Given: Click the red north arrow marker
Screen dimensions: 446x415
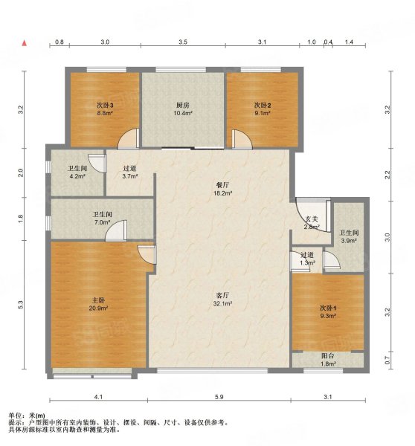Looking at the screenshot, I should click(25, 43).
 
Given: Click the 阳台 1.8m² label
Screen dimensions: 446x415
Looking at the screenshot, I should click(326, 361).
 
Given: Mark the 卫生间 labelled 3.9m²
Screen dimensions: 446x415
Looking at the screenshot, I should click(348, 236).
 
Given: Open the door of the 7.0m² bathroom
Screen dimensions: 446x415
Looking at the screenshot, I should click(115, 233).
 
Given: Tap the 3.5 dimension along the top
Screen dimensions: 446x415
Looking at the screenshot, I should click(183, 43).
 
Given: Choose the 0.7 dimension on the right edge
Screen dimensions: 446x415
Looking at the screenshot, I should click(387, 360).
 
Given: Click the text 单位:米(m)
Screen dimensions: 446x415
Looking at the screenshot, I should click(27, 415).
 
